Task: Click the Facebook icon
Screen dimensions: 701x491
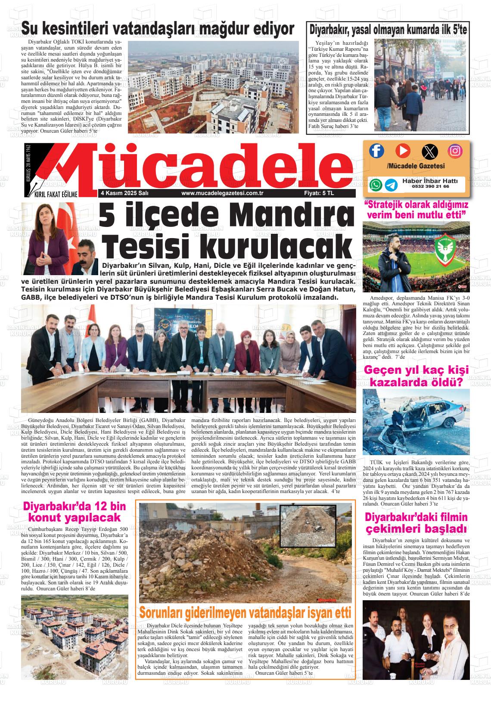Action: coord(376,150)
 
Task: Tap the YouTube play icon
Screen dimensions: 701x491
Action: coord(403,150)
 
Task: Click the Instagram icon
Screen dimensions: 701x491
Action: coord(455,151)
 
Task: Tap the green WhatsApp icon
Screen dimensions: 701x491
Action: coord(376,185)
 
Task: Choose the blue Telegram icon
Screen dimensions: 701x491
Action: coord(391,185)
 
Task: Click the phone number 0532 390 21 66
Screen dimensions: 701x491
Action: coord(430,187)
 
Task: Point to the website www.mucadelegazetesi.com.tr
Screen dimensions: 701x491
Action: coord(222,194)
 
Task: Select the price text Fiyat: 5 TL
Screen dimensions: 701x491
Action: coord(319,194)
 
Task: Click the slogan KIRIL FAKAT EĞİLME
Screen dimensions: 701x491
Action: coord(56,194)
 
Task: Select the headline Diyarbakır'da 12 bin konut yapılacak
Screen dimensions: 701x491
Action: coord(71,512)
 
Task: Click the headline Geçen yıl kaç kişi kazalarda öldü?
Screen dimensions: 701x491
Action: coord(416,376)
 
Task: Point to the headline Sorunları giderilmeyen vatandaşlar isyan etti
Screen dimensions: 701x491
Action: coord(245,612)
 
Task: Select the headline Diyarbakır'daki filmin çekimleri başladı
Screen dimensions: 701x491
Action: coord(416,523)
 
